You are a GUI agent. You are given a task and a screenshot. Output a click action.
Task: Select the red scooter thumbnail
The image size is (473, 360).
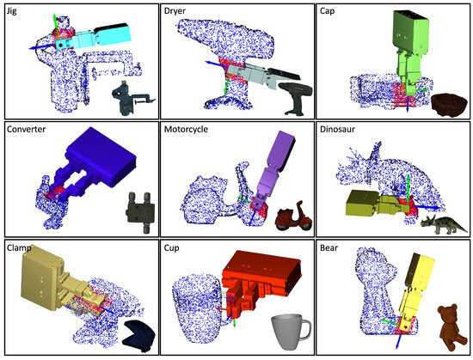click(292, 215)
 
